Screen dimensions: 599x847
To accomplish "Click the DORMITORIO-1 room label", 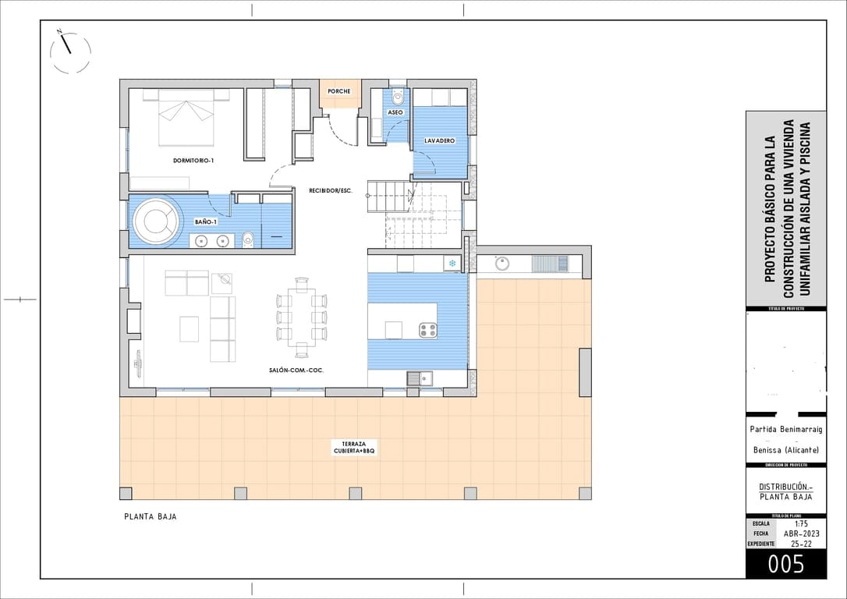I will (x=193, y=161).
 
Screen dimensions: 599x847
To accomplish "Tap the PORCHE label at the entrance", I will (x=339, y=91).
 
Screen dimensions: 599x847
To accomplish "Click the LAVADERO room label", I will (x=439, y=140).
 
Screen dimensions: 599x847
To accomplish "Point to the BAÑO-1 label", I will (x=205, y=222).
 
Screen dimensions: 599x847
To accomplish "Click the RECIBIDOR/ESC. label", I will (x=331, y=190).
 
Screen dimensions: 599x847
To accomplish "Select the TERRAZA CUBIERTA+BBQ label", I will (x=355, y=447).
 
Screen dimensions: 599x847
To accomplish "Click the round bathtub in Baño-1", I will (x=155, y=222).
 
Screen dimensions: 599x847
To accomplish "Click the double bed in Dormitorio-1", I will (x=186, y=117).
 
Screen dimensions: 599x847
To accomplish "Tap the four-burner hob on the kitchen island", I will (x=427, y=330).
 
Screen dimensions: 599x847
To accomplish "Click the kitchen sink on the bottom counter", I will (x=419, y=379).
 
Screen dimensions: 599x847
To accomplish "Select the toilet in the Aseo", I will (x=398, y=98).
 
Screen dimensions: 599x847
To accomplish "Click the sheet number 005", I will (x=785, y=564).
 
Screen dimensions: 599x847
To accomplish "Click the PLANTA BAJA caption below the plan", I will (x=151, y=516).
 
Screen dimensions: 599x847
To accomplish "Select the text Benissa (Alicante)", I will (x=785, y=450).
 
